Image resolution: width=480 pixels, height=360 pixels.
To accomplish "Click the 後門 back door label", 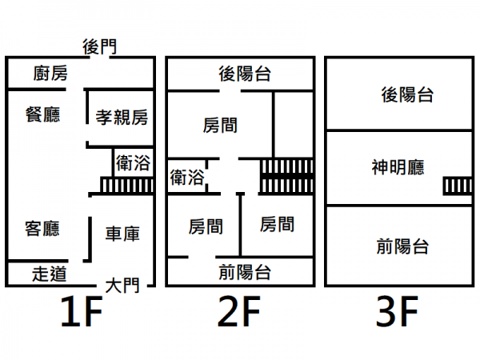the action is (100, 47).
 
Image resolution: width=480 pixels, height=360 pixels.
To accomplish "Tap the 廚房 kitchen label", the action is (50, 73).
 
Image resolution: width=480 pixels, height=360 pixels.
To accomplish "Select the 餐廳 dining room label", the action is (43, 114).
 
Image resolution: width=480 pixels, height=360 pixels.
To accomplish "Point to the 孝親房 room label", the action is (122, 118).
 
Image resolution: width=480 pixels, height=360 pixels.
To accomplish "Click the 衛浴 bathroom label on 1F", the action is (133, 163).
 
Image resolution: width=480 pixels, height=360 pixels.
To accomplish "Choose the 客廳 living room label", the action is (42, 228).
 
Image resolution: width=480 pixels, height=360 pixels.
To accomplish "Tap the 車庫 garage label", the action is (122, 234).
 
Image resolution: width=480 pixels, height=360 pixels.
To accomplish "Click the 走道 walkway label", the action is (50, 274).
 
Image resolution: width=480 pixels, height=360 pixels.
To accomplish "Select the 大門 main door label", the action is (122, 286).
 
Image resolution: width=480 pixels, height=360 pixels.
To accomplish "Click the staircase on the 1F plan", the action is (126, 186).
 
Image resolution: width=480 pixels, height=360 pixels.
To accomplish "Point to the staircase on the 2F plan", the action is (286, 176).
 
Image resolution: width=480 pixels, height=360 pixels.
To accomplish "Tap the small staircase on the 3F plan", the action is (458, 186).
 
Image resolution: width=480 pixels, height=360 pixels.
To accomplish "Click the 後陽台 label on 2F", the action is (245, 74).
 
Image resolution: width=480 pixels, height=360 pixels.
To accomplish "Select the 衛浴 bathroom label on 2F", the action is (187, 178).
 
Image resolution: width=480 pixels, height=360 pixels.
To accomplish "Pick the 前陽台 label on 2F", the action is (245, 272).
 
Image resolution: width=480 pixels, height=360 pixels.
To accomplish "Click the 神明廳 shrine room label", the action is (398, 167).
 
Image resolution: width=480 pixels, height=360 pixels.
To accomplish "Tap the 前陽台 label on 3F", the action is (402, 246).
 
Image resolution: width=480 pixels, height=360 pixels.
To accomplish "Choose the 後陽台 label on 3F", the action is (407, 94).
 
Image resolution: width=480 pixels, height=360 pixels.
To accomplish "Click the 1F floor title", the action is (82, 311).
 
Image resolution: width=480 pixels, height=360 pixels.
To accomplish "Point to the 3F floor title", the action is (397, 311).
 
